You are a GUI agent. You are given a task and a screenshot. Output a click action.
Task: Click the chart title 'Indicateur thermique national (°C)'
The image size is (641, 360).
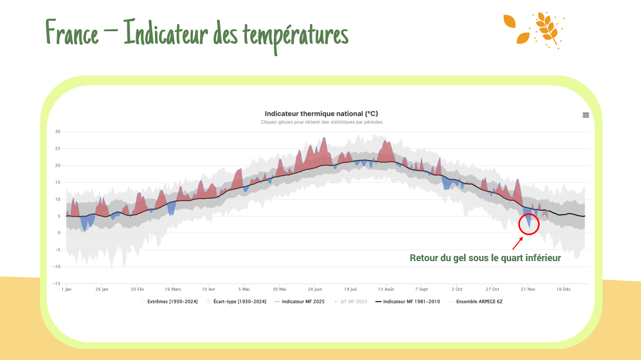[321, 114]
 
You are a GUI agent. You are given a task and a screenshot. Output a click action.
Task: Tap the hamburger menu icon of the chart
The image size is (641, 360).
[586, 115]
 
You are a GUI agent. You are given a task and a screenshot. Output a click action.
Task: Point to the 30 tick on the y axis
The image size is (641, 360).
[58, 132]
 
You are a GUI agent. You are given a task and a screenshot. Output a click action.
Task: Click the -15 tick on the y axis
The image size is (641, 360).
[57, 284]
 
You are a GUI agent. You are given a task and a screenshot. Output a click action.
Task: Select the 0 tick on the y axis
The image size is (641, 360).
[59, 233]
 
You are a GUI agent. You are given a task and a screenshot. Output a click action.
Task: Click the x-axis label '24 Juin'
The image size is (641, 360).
[315, 289]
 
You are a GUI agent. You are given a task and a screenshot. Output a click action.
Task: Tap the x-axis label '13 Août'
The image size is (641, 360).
[386, 289]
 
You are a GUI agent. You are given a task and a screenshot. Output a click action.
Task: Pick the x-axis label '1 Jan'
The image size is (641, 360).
[66, 289]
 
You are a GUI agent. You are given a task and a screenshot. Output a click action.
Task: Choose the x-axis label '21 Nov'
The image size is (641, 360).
[528, 289]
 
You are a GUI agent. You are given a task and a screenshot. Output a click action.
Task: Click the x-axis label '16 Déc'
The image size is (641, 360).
[564, 289]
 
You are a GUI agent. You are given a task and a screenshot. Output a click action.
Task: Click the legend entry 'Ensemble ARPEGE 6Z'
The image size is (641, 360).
[479, 302]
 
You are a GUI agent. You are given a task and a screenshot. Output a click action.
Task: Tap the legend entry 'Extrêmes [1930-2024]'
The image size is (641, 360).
[172, 302]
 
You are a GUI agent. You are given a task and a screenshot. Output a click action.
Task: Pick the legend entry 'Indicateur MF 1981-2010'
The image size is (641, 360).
[411, 302]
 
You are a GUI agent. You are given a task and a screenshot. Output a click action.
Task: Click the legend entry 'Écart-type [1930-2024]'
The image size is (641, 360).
[240, 302]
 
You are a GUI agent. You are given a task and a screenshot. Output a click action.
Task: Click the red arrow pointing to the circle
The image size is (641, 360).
[517, 243]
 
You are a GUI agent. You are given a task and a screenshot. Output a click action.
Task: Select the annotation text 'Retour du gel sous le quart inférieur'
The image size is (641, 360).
[485, 258]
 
